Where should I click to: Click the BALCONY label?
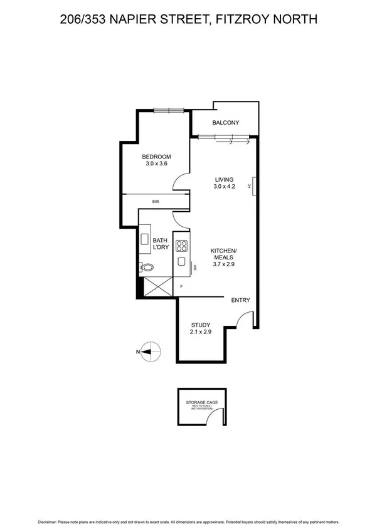click(x=226, y=123)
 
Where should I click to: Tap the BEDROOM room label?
click(x=156, y=157)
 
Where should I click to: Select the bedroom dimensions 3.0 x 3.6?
click(x=156, y=164)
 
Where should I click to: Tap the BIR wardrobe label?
click(x=156, y=202)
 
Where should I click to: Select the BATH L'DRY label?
click(x=161, y=244)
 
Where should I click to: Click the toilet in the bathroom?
click(x=147, y=268)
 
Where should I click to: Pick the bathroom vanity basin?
click(x=144, y=239)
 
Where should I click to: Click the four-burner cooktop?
click(x=181, y=246)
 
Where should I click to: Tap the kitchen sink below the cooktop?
click(x=181, y=262)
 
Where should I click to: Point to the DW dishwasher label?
click(x=195, y=268)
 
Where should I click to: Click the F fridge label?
click(x=182, y=286)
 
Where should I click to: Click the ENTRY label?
click(x=241, y=300)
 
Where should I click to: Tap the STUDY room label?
click(x=201, y=325)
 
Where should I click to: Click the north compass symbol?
click(x=149, y=352)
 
